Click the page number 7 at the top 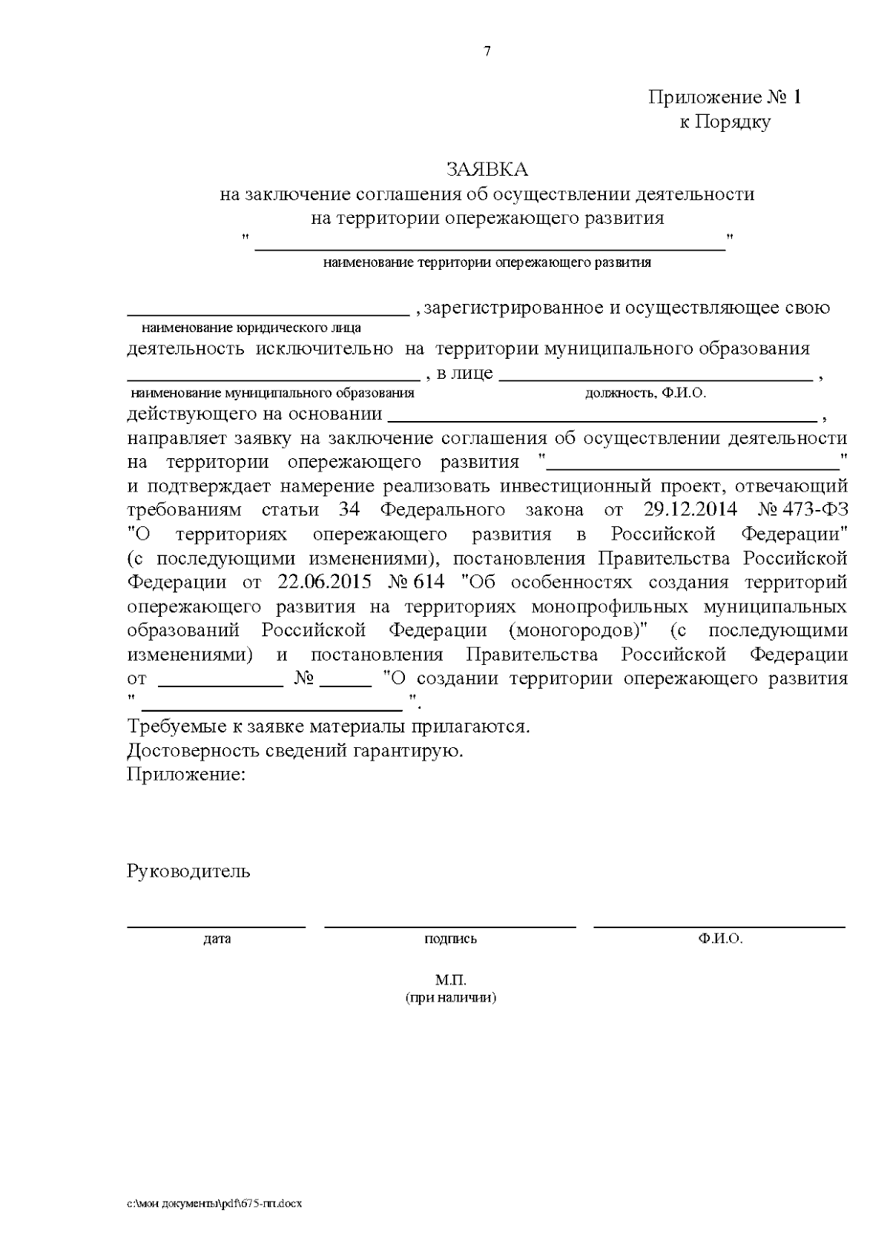pyautogui.click(x=487, y=51)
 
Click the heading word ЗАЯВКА pyautogui.click(x=487, y=170)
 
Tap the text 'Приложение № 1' pyautogui.click(x=725, y=97)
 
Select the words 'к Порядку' pyautogui.click(x=725, y=122)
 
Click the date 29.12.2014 pyautogui.click(x=687, y=510)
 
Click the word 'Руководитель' pyautogui.click(x=188, y=870)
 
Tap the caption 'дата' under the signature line pyautogui.click(x=217, y=938)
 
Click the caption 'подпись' pyautogui.click(x=450, y=938)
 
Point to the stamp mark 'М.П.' pyautogui.click(x=451, y=980)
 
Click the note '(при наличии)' pyautogui.click(x=451, y=997)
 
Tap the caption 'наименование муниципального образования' pyautogui.click(x=271, y=393)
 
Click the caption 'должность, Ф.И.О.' pyautogui.click(x=645, y=393)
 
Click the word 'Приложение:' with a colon pyautogui.click(x=185, y=775)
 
